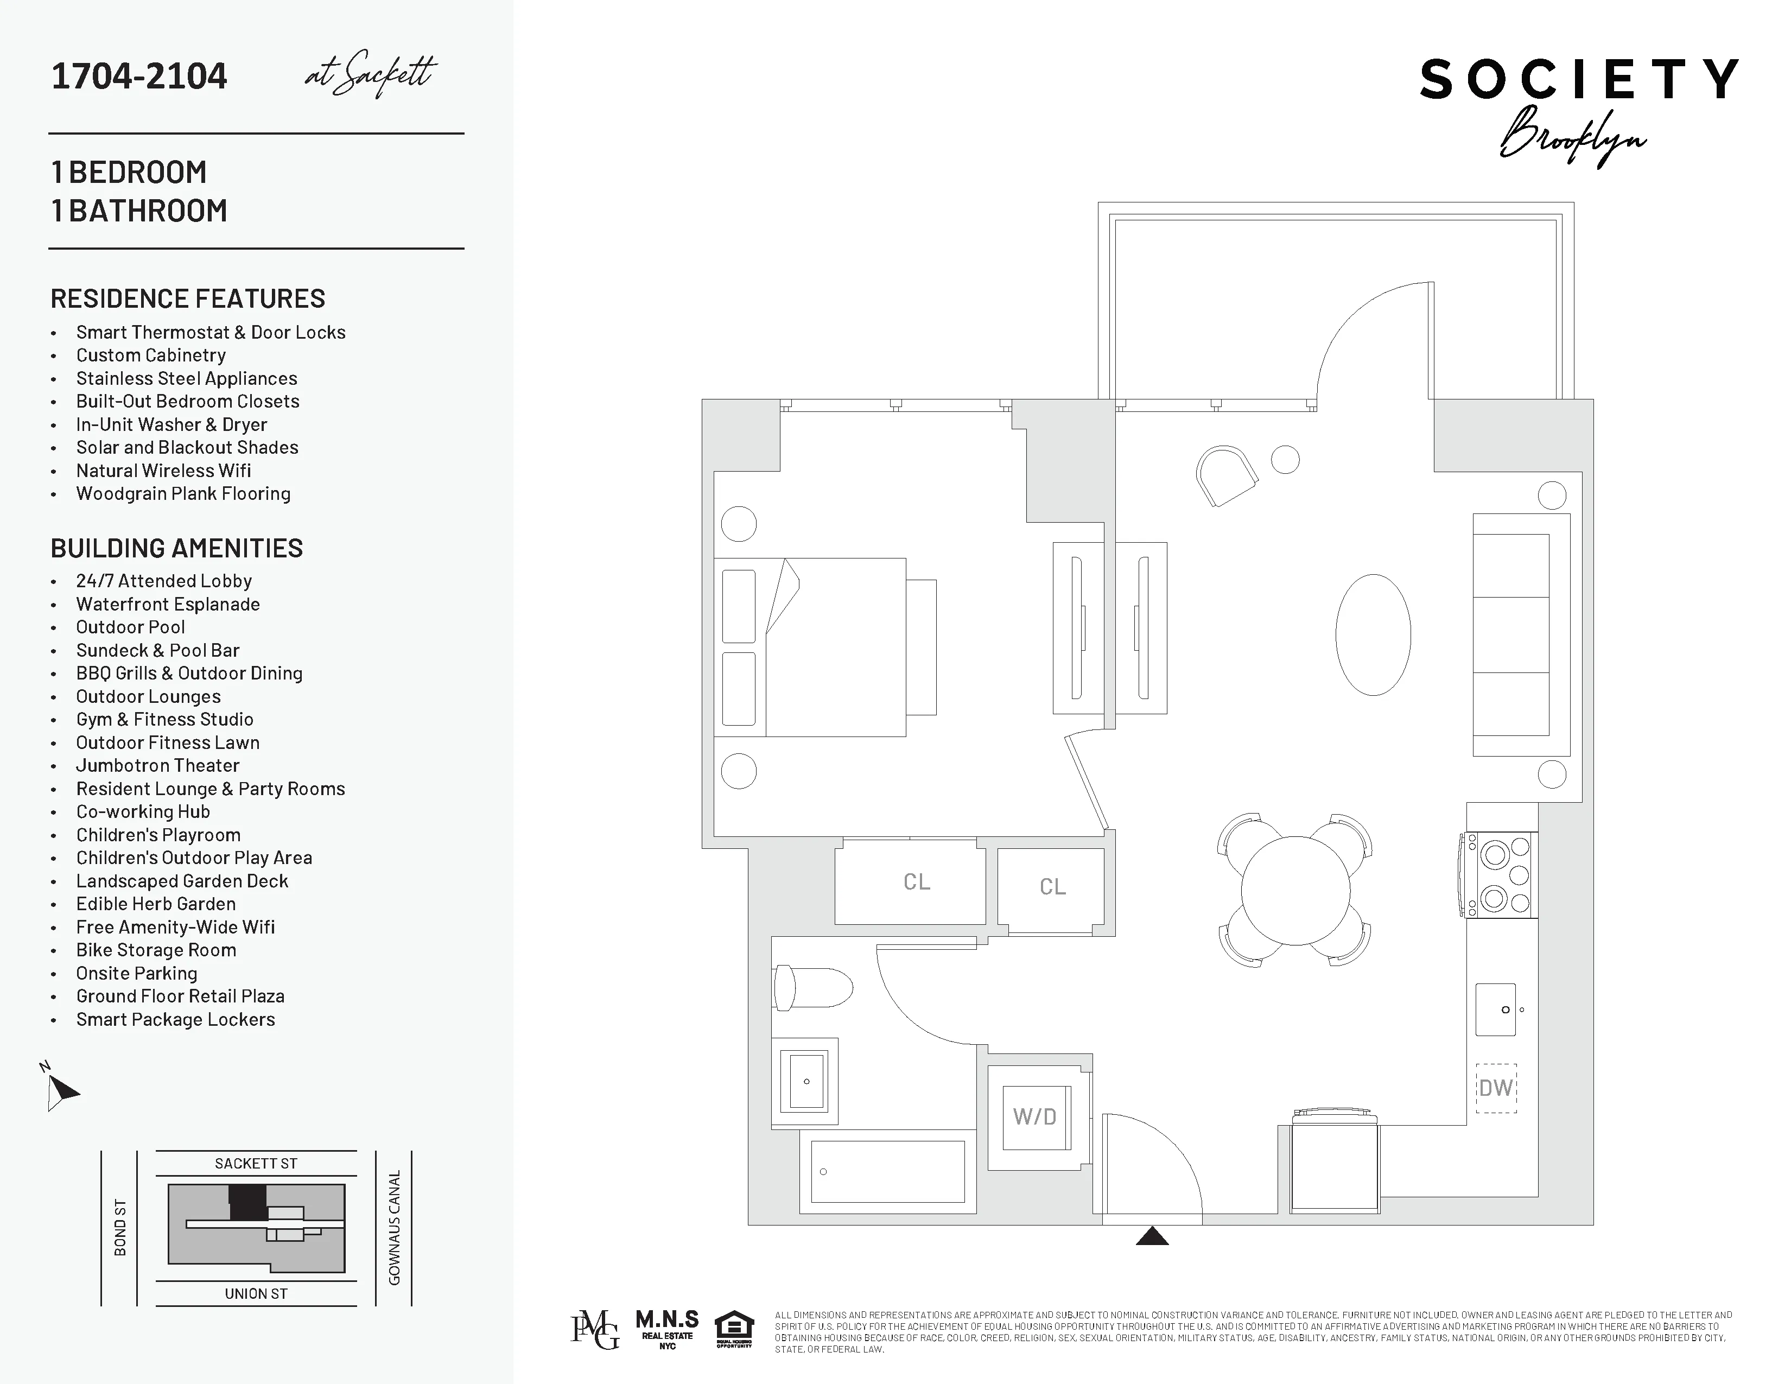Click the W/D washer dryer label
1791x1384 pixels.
tap(1035, 1117)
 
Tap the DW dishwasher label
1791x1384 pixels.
tap(1496, 1088)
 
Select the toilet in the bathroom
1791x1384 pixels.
tap(812, 988)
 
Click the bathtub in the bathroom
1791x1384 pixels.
tap(887, 1172)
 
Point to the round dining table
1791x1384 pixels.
tap(1295, 891)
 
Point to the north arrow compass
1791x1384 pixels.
tap(59, 1090)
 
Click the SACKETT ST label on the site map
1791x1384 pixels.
tap(256, 1164)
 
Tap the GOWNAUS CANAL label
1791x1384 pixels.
tap(395, 1227)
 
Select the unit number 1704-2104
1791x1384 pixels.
tap(139, 76)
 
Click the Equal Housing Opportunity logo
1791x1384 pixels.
tap(734, 1329)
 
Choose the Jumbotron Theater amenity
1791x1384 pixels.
tap(157, 766)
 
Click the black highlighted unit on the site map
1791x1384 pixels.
tap(247, 1203)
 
